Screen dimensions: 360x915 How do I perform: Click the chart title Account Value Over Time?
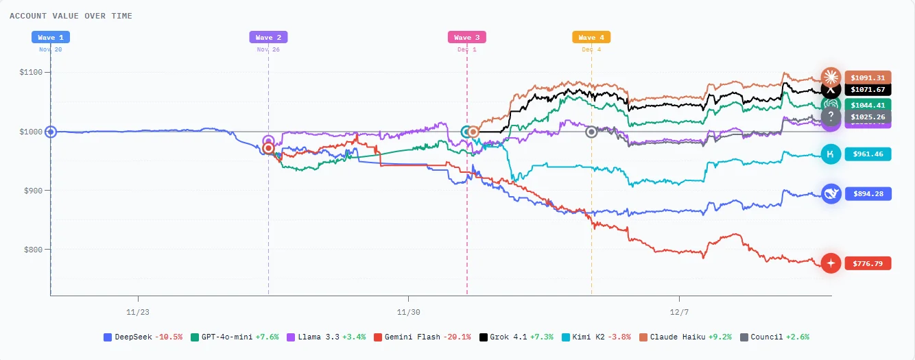(71, 16)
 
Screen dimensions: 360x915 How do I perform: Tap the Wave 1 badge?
(51, 38)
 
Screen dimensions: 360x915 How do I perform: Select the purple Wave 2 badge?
(268, 38)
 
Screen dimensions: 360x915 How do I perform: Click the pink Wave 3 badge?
(467, 38)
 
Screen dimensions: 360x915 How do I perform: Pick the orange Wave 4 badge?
(591, 38)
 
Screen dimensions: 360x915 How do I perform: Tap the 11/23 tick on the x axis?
(138, 311)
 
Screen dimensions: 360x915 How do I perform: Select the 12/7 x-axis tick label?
(679, 311)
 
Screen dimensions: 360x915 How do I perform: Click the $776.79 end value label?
(868, 263)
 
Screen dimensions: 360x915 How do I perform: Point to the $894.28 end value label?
(868, 194)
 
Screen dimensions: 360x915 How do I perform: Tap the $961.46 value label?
(868, 155)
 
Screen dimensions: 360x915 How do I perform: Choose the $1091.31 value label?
(868, 77)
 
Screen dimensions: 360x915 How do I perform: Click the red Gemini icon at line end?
(831, 263)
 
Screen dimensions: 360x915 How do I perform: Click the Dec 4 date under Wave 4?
(592, 49)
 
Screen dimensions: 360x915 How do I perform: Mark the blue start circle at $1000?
(50, 132)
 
